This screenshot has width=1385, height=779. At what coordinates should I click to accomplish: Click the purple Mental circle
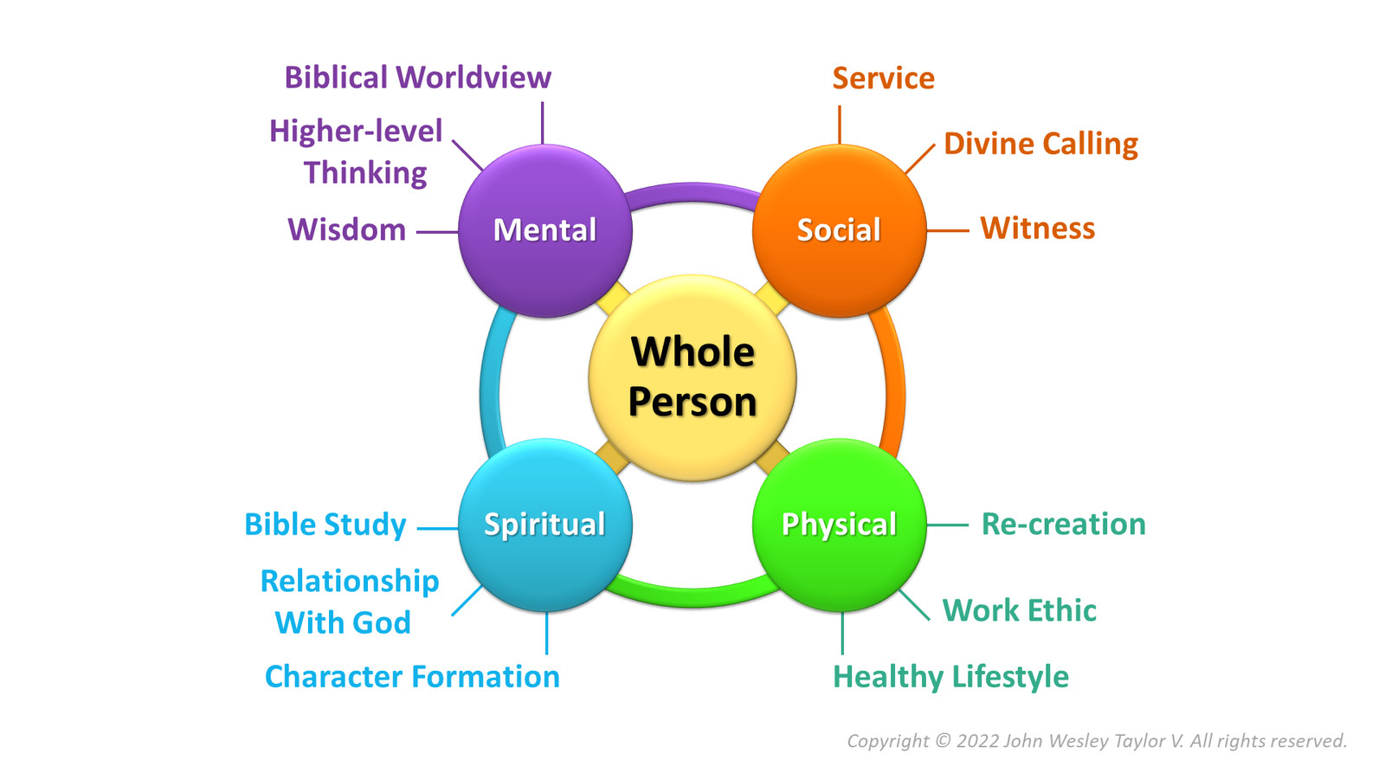(x=544, y=230)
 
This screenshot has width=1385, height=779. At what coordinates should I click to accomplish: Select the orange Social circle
(x=839, y=230)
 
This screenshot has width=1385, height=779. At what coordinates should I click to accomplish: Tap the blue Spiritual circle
(x=544, y=525)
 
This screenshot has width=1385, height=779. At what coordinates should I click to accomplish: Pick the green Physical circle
(x=839, y=525)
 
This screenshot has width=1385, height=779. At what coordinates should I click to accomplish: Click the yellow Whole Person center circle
(x=692, y=377)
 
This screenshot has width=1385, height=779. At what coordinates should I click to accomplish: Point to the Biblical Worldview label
(x=417, y=78)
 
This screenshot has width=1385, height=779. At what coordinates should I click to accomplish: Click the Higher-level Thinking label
(x=357, y=151)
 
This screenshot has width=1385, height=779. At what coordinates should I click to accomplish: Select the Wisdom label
(x=346, y=230)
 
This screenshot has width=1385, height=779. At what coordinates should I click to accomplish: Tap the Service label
(x=883, y=79)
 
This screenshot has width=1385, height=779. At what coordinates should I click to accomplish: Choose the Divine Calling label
(x=1040, y=144)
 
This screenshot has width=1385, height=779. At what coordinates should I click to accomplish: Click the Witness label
(x=1037, y=229)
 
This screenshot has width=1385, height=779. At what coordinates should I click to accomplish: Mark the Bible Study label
(x=325, y=525)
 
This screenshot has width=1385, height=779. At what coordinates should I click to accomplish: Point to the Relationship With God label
(x=349, y=602)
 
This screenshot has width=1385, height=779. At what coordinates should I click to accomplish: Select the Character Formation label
(x=412, y=677)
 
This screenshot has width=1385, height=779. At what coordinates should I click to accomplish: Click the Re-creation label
(x=1063, y=525)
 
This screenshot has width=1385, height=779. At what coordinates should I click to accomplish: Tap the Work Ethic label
(x=1019, y=611)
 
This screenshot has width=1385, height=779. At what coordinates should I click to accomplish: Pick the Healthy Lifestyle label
(x=950, y=677)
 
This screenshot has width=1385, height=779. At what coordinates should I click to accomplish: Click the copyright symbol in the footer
(x=943, y=741)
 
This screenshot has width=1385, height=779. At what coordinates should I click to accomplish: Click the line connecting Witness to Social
(x=947, y=231)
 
